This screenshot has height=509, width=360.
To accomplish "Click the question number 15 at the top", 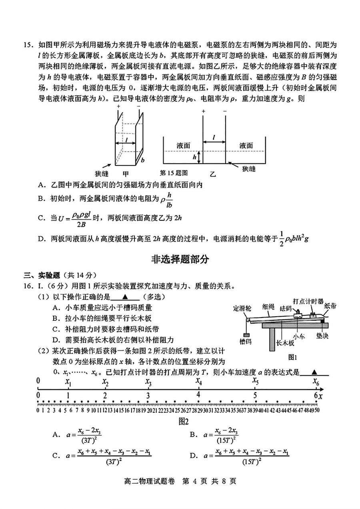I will (27, 45).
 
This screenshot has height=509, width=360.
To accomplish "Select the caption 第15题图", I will (174, 173).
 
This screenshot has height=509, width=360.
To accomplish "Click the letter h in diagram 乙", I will (194, 157).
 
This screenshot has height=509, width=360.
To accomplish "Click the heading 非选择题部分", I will (180, 259).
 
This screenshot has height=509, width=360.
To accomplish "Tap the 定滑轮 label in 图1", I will (242, 308).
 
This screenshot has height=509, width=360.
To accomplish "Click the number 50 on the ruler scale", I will (317, 410).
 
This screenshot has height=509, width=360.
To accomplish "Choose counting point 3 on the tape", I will (148, 396).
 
